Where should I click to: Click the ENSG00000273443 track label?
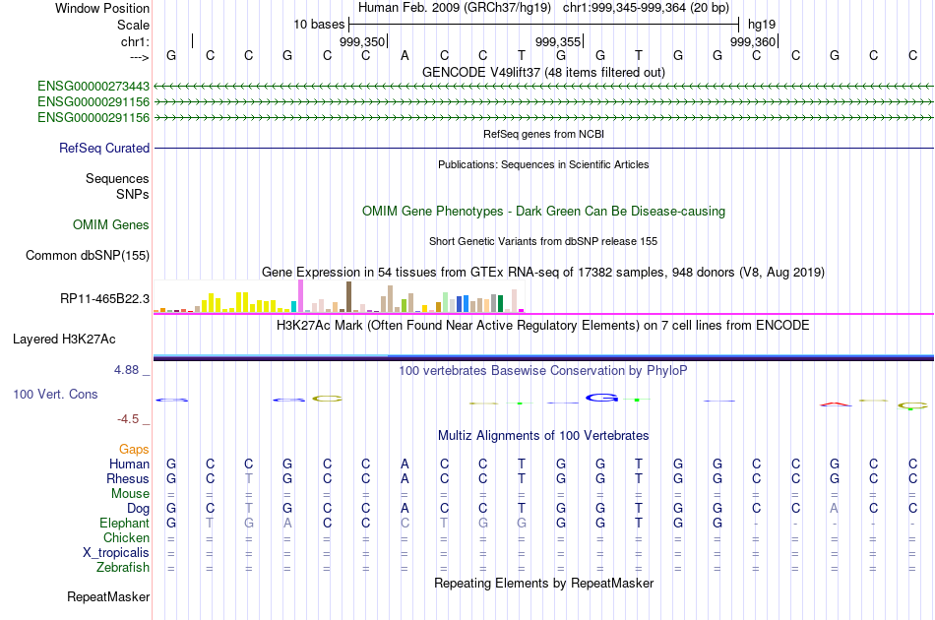93,87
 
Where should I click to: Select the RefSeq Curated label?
104,148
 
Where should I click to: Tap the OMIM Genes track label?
111,224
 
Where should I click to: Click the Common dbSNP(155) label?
87,256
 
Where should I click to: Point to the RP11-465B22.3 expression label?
105,298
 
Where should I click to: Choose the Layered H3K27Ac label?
64,339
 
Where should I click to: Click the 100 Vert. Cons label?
55,394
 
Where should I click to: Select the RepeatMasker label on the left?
108,596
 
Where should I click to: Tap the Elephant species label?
125,523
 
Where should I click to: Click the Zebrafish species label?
123,567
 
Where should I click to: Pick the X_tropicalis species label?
116,552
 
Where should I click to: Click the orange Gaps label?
134,449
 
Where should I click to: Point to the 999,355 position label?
558,41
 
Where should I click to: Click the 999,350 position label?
362,41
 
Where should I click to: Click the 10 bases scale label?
318,24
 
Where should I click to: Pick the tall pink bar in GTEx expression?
300,295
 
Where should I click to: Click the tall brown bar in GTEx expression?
348,296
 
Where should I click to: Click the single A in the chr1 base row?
405,55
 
